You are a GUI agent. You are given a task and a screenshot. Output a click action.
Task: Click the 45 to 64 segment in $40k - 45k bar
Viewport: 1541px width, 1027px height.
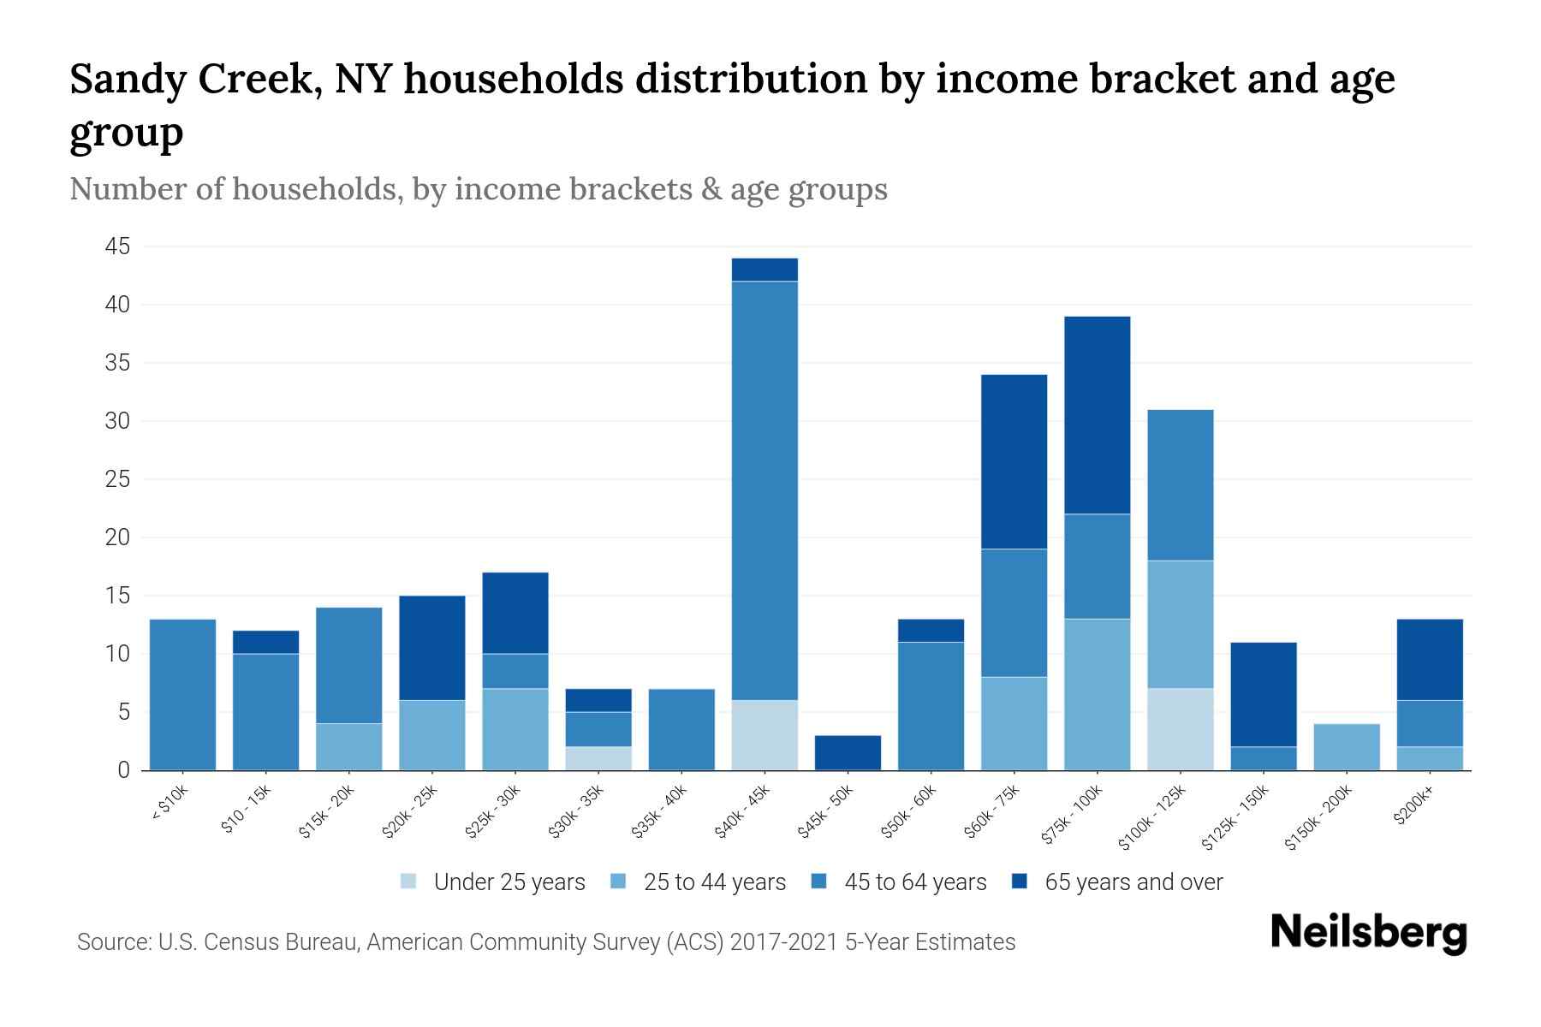(765, 490)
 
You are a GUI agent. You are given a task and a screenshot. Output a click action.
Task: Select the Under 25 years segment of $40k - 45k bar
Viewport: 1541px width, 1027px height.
(765, 735)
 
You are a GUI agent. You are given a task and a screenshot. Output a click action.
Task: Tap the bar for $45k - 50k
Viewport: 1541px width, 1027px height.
(848, 753)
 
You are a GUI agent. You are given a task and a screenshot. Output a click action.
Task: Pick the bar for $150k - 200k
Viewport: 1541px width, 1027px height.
(1346, 747)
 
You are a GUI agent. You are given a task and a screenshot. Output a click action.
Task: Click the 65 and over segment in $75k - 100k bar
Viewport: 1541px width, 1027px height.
(1097, 415)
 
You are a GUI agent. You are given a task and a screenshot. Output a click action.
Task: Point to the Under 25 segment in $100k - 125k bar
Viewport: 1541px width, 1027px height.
(1180, 729)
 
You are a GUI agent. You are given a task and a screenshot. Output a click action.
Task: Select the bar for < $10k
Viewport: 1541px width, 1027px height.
(182, 695)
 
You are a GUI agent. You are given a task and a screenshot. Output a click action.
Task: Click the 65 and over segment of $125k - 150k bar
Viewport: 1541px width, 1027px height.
(1263, 694)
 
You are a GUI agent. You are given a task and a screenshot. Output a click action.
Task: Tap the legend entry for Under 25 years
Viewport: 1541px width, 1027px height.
(493, 882)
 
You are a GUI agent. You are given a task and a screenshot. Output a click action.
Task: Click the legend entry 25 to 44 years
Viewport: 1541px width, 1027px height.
(698, 882)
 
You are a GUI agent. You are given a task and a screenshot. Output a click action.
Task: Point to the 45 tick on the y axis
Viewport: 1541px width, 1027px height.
(117, 247)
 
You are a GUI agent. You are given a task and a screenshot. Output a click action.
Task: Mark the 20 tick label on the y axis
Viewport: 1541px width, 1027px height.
(117, 538)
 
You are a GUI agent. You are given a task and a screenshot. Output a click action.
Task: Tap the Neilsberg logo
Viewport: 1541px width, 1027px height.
(1368, 933)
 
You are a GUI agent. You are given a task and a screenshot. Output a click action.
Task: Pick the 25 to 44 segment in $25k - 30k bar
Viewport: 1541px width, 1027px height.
(515, 729)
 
